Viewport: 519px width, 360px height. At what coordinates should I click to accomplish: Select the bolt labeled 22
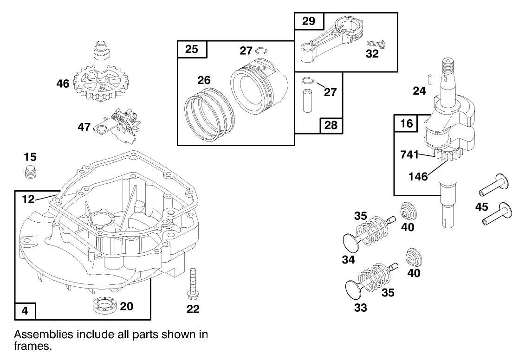pos(192,284)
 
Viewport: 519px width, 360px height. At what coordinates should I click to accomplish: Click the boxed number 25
pos(192,50)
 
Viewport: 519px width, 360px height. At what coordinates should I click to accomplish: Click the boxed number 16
pos(406,124)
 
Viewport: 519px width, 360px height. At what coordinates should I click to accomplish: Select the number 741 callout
pos(410,154)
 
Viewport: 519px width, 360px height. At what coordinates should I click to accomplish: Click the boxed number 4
pos(25,310)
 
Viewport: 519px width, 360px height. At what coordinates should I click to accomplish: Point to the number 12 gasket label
pos(28,199)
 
